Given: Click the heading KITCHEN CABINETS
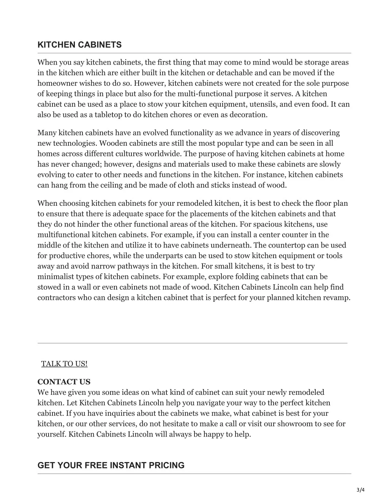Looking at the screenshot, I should coord(79,45).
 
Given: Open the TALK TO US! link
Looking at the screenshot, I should coord(64,364).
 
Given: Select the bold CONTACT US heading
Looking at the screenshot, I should coord(64,382).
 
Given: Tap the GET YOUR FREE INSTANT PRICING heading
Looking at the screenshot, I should coord(111,465).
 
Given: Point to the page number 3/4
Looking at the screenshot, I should coord(361,490).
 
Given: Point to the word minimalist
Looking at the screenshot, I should coord(54,277).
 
